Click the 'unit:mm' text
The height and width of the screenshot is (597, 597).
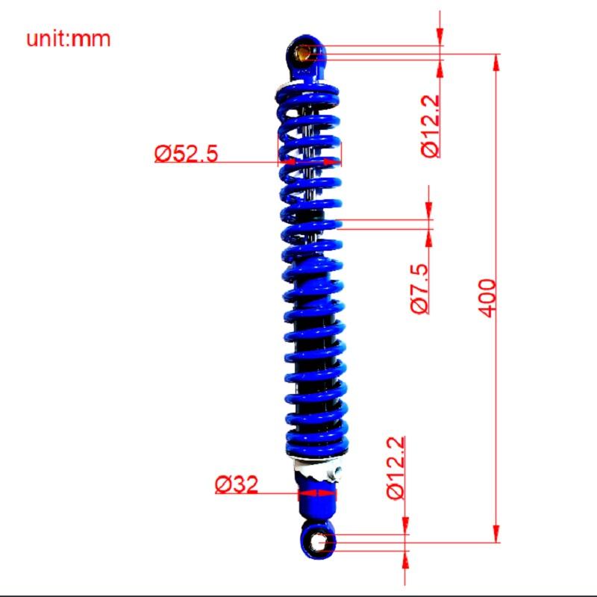(68, 40)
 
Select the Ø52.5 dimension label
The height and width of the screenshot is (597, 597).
(186, 154)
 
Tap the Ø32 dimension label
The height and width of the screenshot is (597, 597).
(237, 484)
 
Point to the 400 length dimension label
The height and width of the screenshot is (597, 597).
(487, 298)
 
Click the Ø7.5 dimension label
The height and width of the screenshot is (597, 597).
(419, 289)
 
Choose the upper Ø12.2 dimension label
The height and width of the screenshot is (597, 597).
(431, 126)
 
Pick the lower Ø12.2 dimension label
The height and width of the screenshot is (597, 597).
(396, 468)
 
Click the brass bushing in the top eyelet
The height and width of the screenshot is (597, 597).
(304, 53)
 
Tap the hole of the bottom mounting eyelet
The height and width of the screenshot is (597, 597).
(316, 542)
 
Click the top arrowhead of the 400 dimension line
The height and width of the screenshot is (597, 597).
(496, 63)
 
